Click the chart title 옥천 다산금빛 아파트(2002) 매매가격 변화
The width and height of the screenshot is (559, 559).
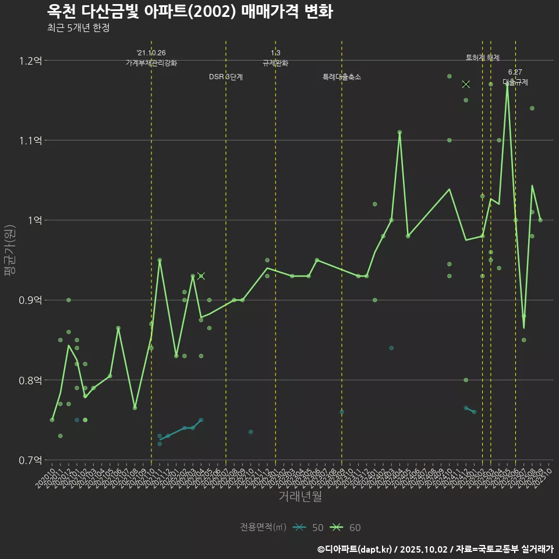(x=190, y=12)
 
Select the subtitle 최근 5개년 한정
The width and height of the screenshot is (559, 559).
(x=78, y=28)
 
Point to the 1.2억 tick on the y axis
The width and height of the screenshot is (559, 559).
(x=30, y=61)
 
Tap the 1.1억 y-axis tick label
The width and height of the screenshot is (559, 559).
(x=30, y=140)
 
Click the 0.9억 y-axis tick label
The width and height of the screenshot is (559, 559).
(x=30, y=300)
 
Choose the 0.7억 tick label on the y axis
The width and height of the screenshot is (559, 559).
(x=30, y=460)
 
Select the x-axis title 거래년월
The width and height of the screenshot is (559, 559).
(x=300, y=496)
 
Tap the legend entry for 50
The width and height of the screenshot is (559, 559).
(x=309, y=528)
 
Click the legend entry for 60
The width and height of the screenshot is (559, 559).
(x=346, y=528)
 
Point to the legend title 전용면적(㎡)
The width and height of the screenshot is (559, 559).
(x=263, y=528)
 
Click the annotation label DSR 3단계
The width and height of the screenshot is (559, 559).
(x=226, y=77)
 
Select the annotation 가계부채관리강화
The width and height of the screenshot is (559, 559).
(x=151, y=63)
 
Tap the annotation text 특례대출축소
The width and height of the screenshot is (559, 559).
(x=342, y=77)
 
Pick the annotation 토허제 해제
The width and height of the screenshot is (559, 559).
(x=483, y=58)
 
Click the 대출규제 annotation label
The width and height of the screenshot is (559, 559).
(x=515, y=82)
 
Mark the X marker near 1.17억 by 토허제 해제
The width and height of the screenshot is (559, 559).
(x=466, y=84)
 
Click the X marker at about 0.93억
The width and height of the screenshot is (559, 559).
(x=201, y=276)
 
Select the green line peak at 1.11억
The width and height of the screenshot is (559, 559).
(x=399, y=132)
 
